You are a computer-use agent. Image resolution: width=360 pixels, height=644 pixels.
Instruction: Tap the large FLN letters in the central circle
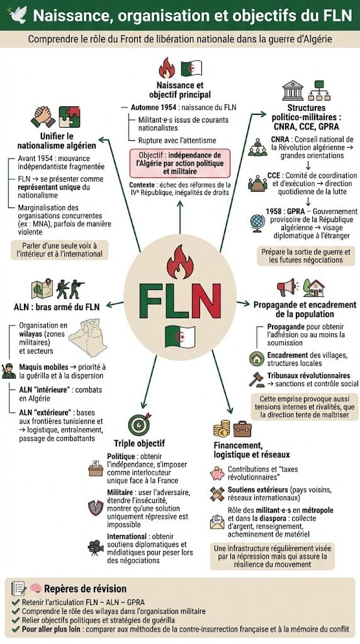tap(179, 303)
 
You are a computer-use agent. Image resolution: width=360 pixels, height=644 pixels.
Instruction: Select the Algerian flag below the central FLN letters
tap(179, 336)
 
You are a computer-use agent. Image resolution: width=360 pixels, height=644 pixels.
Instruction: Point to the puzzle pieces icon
tap(69, 117)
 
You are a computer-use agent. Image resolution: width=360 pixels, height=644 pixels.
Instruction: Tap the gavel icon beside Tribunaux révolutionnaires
tap(257, 379)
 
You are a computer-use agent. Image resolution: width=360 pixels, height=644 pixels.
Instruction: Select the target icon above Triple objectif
tap(139, 425)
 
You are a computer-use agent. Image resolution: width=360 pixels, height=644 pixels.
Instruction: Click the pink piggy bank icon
tap(218, 472)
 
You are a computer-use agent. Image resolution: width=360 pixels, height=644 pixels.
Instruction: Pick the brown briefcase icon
tap(242, 429)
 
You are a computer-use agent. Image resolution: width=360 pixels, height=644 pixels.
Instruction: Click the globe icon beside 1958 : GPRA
tap(257, 223)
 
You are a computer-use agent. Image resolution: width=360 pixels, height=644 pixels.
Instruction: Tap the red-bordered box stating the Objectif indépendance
tap(179, 163)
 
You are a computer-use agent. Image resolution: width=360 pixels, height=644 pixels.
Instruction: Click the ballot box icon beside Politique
tap(96, 470)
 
